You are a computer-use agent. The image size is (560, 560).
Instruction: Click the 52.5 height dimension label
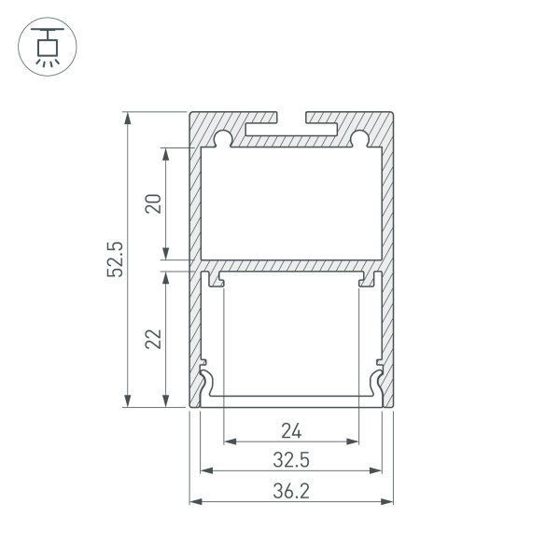[x=116, y=259]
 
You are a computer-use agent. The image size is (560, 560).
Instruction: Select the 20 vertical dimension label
[x=155, y=203]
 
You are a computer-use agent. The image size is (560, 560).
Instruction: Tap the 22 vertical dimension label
[x=155, y=338]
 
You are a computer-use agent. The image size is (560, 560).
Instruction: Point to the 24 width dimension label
[x=291, y=430]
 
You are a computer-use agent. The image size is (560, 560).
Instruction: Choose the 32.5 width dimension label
[x=291, y=459]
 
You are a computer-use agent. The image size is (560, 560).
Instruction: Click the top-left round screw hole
[x=224, y=140]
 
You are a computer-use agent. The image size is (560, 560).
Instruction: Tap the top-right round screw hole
[x=359, y=140]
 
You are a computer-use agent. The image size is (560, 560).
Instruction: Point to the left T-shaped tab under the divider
[x=217, y=278]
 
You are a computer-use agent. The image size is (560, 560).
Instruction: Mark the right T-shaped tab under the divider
[x=368, y=278]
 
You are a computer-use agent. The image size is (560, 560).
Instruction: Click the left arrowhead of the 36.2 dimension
[x=195, y=501]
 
